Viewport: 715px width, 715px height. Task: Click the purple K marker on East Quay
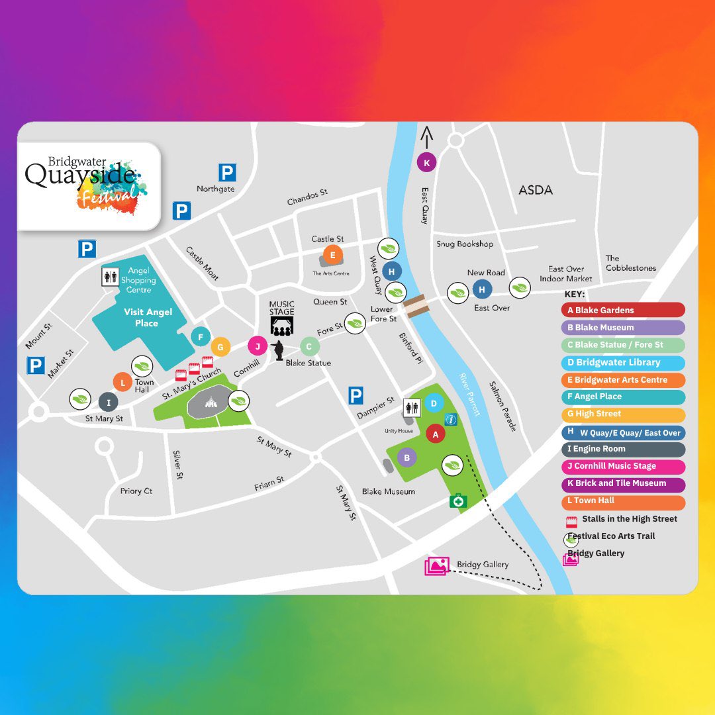click(x=426, y=162)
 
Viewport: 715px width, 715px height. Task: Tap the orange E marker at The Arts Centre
click(x=332, y=255)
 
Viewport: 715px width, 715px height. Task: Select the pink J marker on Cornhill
click(x=258, y=346)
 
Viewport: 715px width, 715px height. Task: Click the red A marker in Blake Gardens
click(x=435, y=434)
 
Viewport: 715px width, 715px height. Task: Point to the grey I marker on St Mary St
click(x=108, y=401)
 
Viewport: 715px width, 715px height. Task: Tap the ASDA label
click(x=535, y=190)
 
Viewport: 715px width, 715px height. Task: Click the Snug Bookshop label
click(x=465, y=244)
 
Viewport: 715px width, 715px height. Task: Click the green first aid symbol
click(x=457, y=501)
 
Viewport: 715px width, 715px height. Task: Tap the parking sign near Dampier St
click(x=356, y=397)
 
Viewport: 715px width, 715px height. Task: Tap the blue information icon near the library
click(x=451, y=420)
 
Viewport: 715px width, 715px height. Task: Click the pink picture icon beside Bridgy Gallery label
click(x=437, y=566)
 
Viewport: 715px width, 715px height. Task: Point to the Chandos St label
click(x=307, y=197)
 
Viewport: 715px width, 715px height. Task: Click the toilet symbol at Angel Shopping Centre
click(x=110, y=277)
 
